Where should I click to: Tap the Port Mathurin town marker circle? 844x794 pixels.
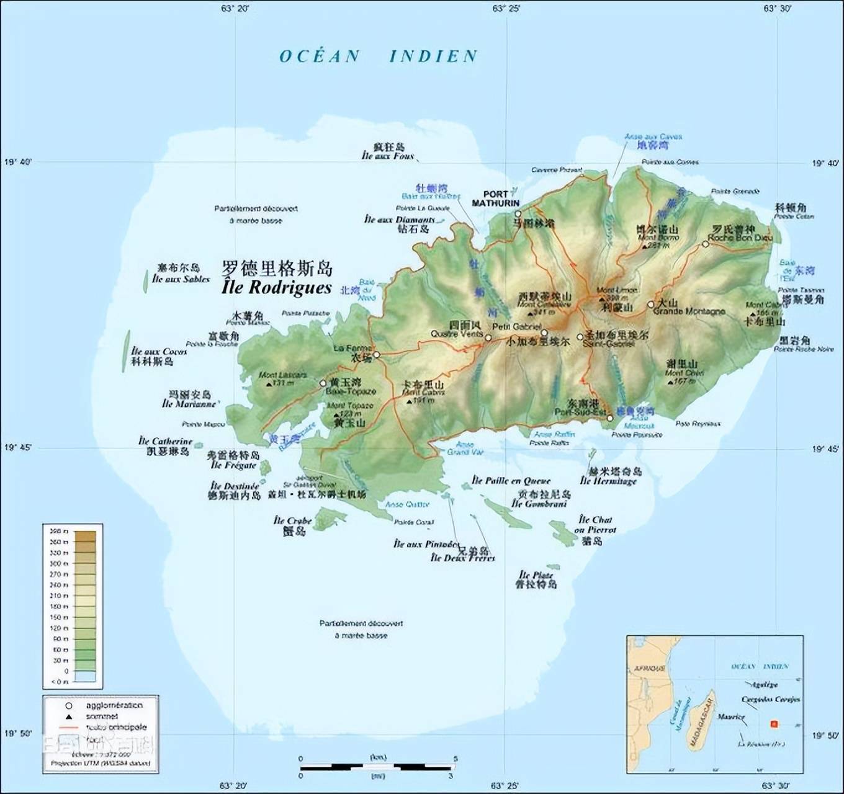[518, 214]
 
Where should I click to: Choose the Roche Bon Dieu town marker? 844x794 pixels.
[705, 244]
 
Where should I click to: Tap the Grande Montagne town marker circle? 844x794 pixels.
[650, 305]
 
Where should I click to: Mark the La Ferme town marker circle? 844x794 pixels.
[376, 355]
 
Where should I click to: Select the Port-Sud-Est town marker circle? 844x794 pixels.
[610, 418]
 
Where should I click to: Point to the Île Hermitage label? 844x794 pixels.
[608, 481]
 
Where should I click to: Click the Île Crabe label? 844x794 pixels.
[292, 521]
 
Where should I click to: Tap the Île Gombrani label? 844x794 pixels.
[539, 504]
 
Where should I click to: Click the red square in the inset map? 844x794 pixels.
[773, 724]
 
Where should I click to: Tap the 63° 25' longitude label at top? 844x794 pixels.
[506, 8]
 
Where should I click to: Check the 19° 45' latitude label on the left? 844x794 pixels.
[19, 448]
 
